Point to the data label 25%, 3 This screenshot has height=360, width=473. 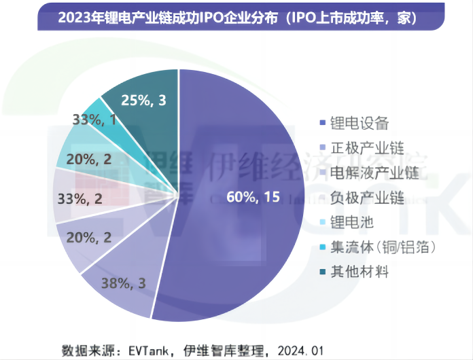click(x=143, y=101)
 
